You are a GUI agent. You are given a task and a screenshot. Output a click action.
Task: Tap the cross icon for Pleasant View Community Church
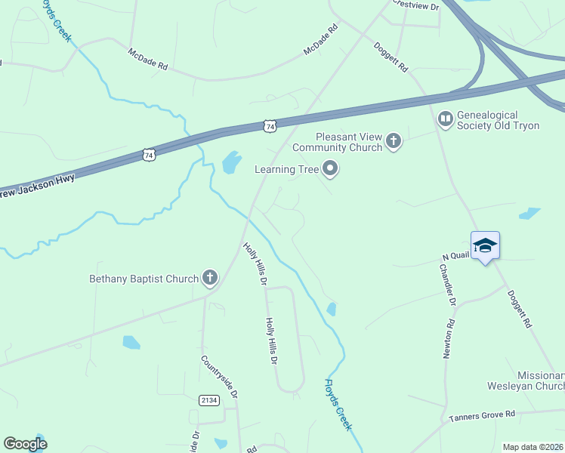tap(393, 140)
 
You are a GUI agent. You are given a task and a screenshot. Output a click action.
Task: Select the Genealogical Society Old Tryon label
tap(499, 120)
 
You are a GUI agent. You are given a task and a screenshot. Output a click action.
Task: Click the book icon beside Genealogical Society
tap(446, 119)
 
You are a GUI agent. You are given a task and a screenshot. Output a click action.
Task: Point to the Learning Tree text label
tap(286, 170)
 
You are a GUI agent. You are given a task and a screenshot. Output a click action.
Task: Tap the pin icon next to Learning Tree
tap(329, 170)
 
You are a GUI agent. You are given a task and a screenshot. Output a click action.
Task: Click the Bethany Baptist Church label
tap(144, 279)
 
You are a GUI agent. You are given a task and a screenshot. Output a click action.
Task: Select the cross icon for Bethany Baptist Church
tap(209, 279)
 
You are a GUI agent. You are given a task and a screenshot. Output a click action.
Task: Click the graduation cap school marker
tap(484, 246)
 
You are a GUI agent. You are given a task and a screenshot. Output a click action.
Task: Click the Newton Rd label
tap(449, 331)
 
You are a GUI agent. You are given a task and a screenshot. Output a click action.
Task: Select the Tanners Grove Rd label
tap(481, 415)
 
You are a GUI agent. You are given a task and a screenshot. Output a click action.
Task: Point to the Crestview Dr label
tap(415, 4)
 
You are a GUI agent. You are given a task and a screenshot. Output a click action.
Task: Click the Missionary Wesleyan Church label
tap(541, 381)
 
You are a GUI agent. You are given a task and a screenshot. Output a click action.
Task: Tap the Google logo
tap(25, 444)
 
